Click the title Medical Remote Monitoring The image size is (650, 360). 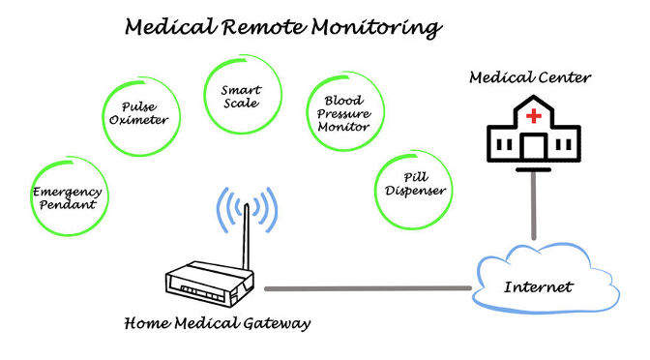coord(283,27)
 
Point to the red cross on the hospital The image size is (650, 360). coord(534,116)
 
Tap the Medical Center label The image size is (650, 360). coord(530,77)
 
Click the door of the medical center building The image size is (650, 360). coord(534,146)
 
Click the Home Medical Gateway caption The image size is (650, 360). coord(218,323)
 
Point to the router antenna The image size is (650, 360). coord(246,236)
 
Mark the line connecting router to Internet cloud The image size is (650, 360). coord(369,288)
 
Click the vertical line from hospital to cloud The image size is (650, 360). coord(534,206)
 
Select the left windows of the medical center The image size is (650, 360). coord(505,145)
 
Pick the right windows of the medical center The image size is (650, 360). coord(563,145)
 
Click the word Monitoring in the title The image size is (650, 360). coord(377,28)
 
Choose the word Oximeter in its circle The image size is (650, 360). coord(139,120)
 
